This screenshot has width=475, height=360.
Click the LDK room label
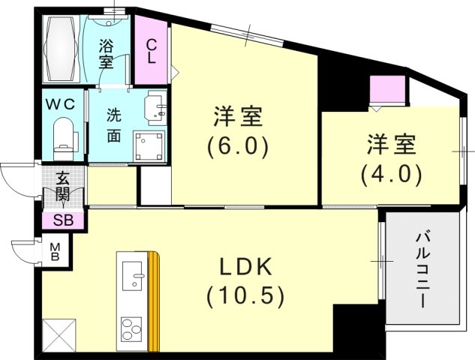point(245,267)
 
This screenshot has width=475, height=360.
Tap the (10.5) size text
point(245,296)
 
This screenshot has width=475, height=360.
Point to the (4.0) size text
point(390,174)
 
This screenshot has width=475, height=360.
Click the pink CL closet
point(151,50)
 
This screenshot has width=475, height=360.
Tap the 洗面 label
point(114,125)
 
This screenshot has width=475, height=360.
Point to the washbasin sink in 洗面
point(155,107)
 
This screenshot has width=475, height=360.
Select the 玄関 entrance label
point(62,187)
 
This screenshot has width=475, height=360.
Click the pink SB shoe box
point(63,220)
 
